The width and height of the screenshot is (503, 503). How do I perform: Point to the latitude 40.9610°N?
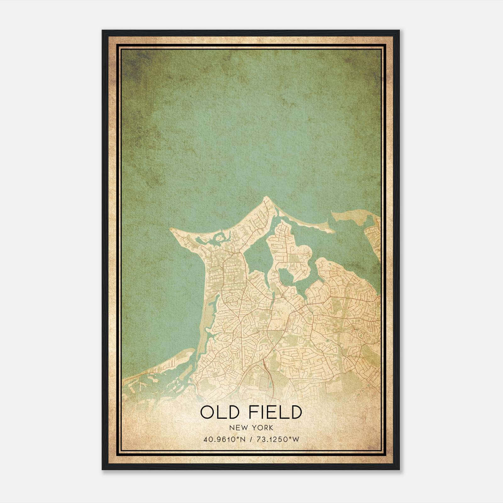tap(224, 439)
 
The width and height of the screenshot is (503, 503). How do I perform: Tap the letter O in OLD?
tap(207, 412)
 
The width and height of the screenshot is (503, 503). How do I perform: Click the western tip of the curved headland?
tap(171, 230)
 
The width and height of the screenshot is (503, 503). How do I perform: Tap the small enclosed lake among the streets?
tap(286, 277)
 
